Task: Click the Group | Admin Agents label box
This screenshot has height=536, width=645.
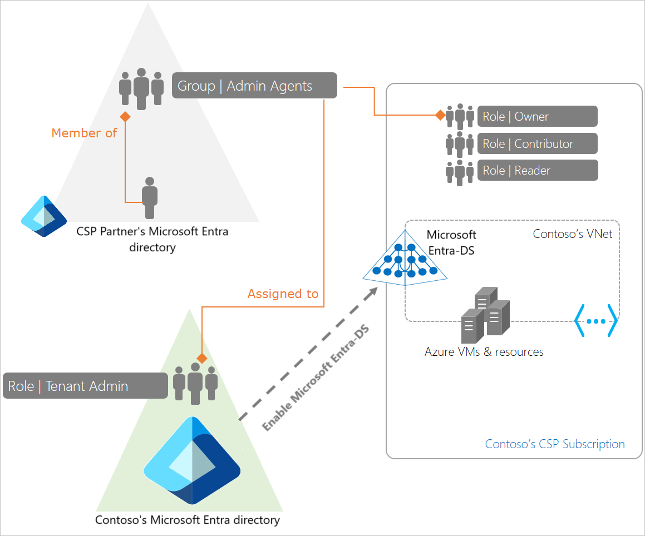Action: click(254, 86)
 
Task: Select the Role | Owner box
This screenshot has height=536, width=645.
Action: click(537, 116)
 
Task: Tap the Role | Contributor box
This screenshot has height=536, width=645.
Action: click(537, 143)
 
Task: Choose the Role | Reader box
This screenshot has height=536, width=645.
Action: click(537, 171)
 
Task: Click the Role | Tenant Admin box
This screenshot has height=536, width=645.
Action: click(85, 386)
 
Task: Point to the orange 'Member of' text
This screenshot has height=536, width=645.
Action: click(84, 133)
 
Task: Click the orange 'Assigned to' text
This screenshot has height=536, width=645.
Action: click(283, 294)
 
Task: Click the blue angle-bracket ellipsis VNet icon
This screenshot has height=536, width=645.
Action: click(595, 321)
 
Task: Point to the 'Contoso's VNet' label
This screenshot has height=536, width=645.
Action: click(573, 234)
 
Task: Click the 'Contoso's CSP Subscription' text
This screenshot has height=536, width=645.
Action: click(555, 444)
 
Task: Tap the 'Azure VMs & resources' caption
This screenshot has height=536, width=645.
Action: click(484, 351)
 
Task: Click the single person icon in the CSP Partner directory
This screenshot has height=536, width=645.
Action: click(149, 198)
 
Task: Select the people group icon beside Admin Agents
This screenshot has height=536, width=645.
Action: click(141, 89)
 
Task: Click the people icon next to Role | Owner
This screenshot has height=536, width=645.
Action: click(460, 117)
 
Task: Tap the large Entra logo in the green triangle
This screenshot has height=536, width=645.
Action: click(192, 461)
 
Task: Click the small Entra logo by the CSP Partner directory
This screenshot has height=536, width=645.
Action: click(44, 216)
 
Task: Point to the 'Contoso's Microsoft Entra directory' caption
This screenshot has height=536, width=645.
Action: click(188, 520)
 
